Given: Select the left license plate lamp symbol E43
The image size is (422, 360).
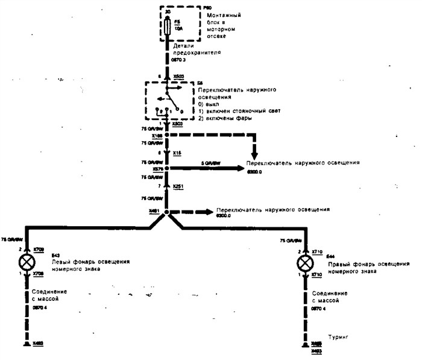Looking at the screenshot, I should click(x=27, y=264).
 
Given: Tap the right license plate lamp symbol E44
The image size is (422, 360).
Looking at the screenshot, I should click(x=306, y=264).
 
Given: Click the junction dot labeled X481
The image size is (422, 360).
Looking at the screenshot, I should click(x=167, y=213).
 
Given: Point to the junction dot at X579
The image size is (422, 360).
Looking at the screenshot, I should click(x=167, y=169).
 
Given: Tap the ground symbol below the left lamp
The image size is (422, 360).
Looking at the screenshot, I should click(x=27, y=344).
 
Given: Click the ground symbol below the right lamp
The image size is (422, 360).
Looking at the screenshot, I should click(x=306, y=344).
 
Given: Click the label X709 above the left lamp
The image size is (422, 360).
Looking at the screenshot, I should click(x=39, y=248).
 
